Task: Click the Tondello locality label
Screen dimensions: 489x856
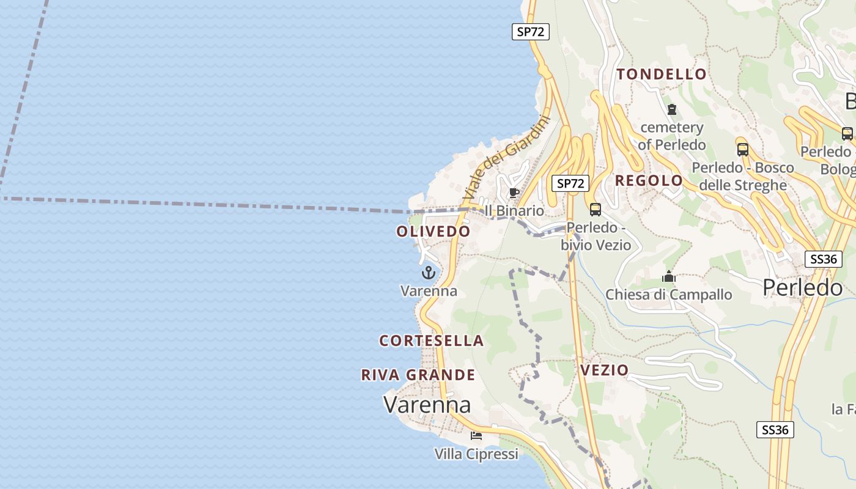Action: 662,75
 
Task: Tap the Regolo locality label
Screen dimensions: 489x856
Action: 649,180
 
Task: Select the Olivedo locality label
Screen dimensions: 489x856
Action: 434,232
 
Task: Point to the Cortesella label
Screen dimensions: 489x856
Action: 432,340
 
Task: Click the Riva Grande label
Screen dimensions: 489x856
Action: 418,375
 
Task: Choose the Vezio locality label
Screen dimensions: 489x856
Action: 604,370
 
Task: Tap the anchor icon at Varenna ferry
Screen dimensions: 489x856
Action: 429,273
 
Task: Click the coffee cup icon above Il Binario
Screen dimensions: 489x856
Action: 514,193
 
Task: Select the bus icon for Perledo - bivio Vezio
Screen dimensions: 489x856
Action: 595,210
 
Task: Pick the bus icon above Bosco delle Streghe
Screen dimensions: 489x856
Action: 743,149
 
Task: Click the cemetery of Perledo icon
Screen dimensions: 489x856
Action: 672,110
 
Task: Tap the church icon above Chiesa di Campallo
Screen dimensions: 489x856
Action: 669,277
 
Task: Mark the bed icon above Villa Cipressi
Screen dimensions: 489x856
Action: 476,436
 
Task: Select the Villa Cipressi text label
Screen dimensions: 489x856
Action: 476,454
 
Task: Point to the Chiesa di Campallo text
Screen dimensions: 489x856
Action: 669,295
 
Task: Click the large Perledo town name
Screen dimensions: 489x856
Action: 803,287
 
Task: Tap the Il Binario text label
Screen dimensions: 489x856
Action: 514,211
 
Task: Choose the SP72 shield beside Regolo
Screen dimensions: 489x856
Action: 570,183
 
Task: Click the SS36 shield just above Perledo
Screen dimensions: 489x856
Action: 822,259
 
